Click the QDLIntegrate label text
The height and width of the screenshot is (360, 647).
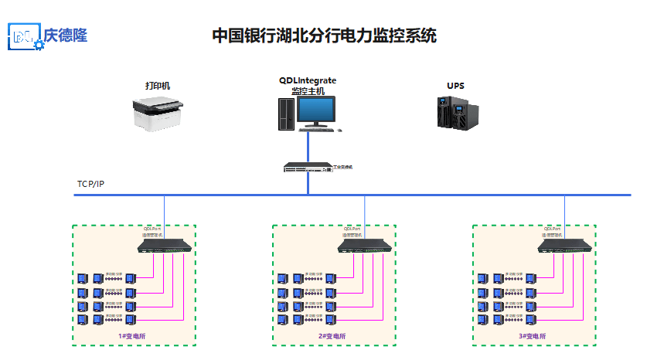308,80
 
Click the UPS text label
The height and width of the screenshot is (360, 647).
455,85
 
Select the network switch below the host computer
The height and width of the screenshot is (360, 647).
308,167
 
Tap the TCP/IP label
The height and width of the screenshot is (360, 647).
90,184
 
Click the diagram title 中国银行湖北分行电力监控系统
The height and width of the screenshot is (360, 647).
324,36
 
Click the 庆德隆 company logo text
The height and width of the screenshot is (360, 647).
65,36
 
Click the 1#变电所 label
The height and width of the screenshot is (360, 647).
133,336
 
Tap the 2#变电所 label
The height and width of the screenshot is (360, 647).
333,336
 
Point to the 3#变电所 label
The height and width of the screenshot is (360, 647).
533,336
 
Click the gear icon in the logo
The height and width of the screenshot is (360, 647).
39,46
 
